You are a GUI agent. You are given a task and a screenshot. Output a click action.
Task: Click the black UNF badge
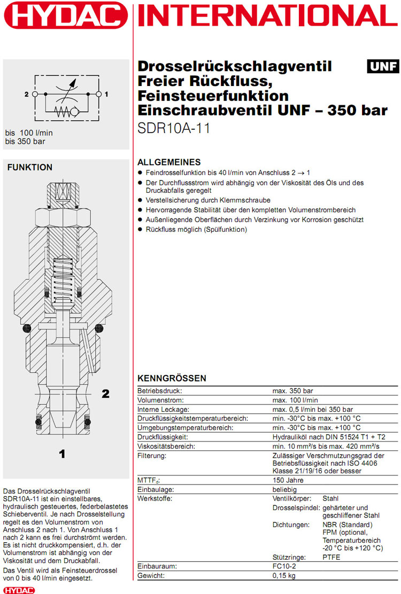383,66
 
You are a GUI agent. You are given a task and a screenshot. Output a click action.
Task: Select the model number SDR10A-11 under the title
174,129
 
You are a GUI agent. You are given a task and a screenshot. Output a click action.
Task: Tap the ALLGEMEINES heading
169,162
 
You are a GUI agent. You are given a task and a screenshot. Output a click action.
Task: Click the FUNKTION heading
30,167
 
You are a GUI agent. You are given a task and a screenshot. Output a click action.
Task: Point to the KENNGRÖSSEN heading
172,379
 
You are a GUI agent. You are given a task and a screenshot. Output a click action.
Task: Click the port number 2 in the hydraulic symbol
26,95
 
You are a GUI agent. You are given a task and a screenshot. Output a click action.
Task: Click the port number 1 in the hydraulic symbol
107,95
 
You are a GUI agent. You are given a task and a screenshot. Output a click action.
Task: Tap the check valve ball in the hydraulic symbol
77,112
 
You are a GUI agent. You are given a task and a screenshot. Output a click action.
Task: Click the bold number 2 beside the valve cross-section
106,394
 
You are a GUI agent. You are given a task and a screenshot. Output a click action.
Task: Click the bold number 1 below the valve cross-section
62,455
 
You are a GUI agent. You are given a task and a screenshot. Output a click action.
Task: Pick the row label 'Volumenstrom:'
160,400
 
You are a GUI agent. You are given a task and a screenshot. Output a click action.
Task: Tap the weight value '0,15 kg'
284,575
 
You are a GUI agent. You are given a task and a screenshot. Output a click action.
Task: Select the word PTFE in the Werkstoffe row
331,557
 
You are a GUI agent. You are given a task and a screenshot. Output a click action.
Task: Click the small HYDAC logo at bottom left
19,590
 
